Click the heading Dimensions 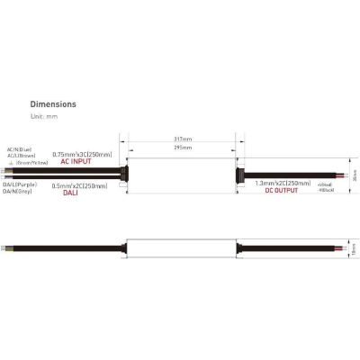click(x=53, y=104)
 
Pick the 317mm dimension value click(x=184, y=139)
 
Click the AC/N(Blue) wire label click(x=19, y=149)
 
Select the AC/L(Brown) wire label click(x=20, y=156)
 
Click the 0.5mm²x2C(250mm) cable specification click(x=80, y=185)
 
